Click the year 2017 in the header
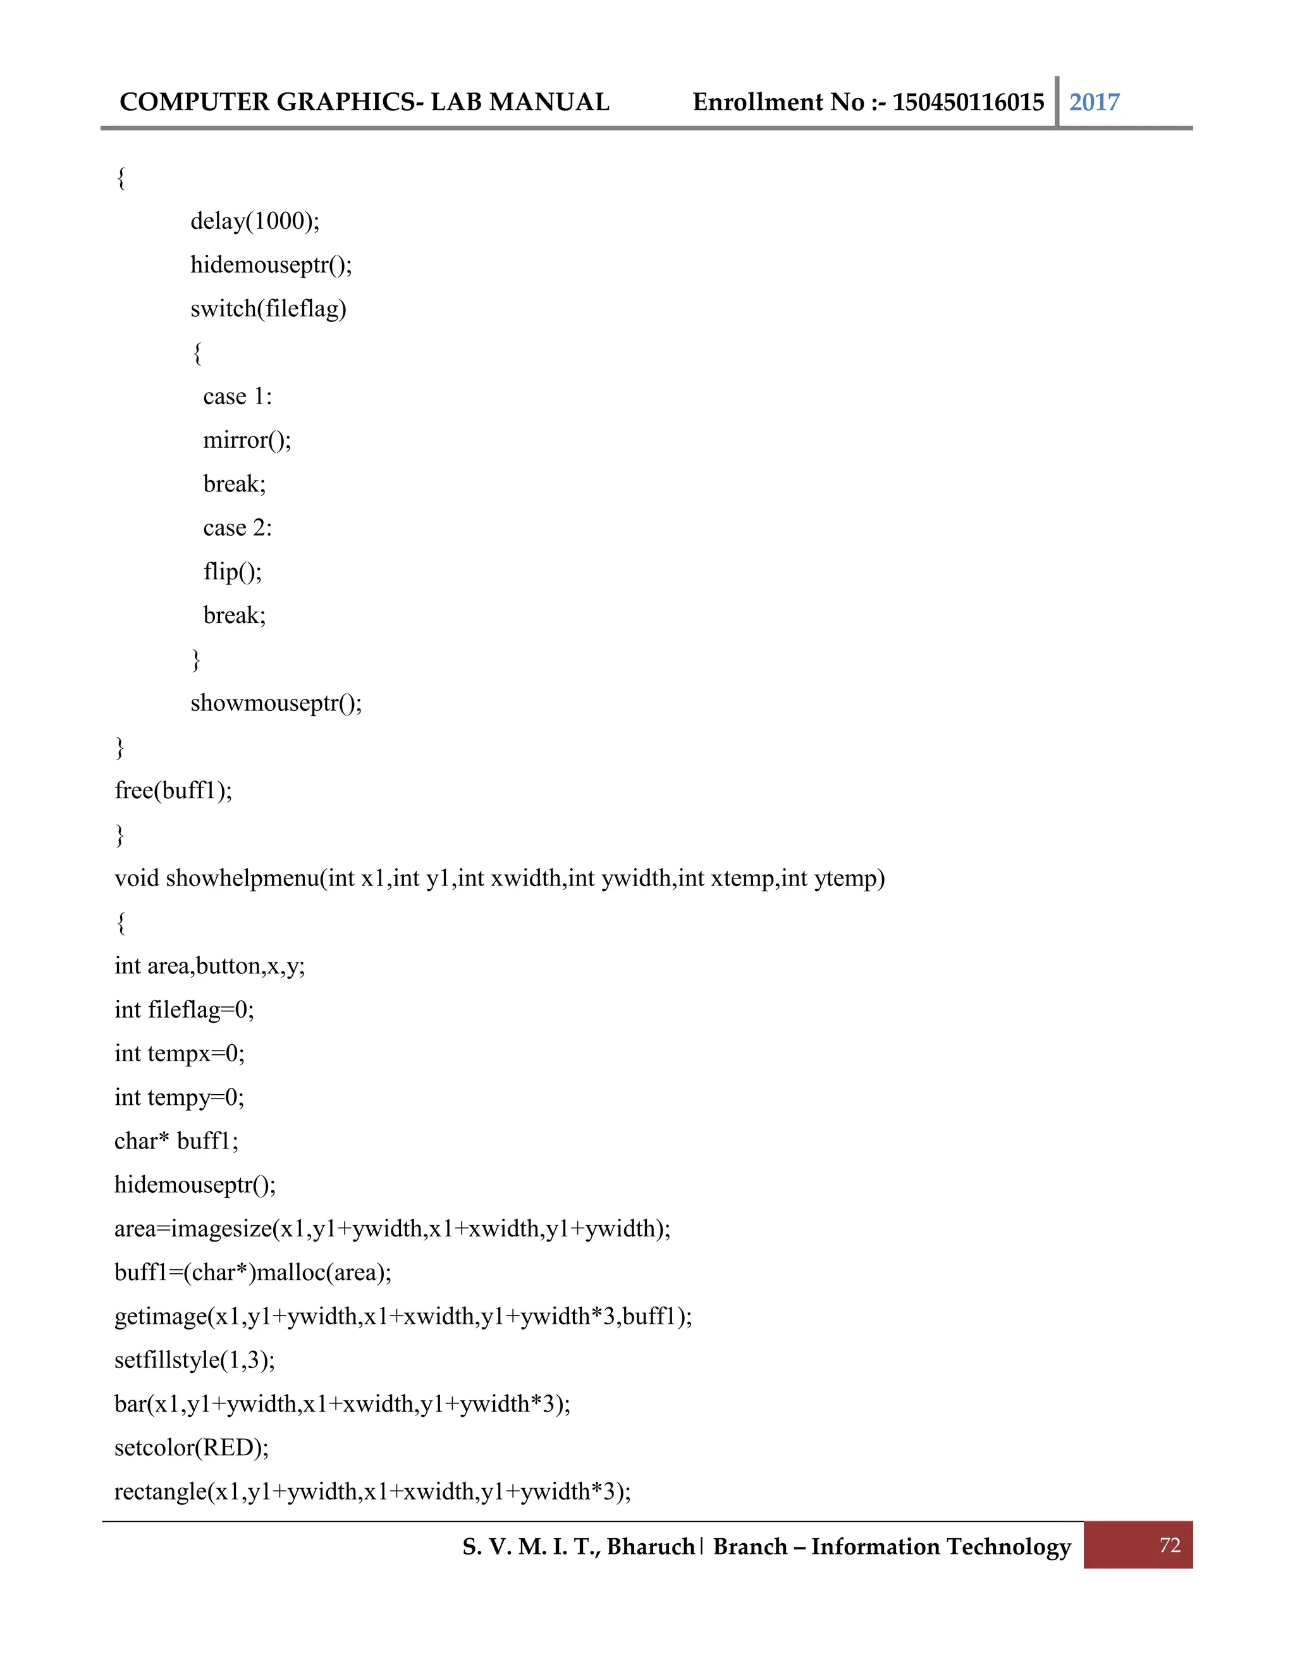(x=1094, y=102)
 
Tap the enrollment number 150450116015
(x=967, y=102)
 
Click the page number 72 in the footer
(x=1169, y=1546)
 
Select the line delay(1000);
(x=255, y=221)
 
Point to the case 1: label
(x=237, y=396)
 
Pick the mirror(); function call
(x=247, y=440)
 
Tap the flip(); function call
(x=233, y=572)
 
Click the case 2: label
(x=237, y=528)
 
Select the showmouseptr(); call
(x=276, y=703)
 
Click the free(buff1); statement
(x=173, y=791)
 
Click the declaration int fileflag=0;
(x=184, y=1010)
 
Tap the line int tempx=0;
(x=180, y=1054)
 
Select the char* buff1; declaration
(x=176, y=1141)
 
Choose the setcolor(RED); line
(x=192, y=1448)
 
